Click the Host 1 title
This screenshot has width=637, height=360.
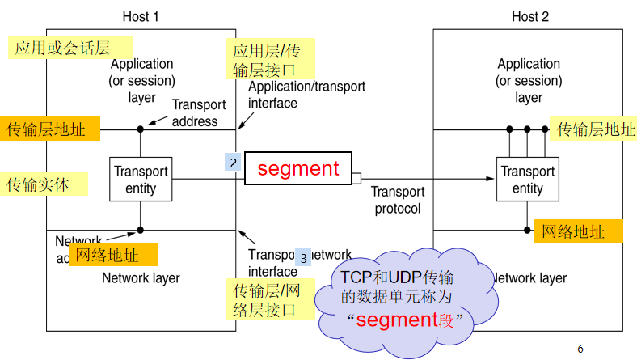[141, 16]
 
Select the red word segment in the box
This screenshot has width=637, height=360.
[298, 168]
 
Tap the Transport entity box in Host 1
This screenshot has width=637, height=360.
[141, 180]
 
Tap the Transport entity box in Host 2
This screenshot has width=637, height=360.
[527, 180]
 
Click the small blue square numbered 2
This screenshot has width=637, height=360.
[233, 163]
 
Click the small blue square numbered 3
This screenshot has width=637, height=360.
[303, 258]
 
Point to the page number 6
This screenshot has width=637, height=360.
[580, 349]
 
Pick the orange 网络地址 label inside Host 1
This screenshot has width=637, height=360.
[112, 255]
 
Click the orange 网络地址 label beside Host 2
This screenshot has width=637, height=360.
[579, 231]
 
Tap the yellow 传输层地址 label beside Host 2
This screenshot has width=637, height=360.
[593, 129]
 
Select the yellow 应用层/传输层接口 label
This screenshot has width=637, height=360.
[268, 61]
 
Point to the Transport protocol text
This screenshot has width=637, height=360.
[398, 200]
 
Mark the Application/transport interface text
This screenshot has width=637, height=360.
[306, 95]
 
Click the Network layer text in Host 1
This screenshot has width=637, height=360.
[141, 278]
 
